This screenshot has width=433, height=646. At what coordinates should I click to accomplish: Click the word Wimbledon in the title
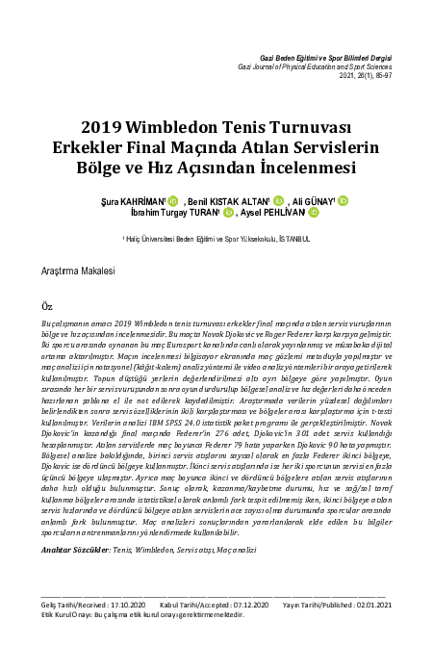point(177,127)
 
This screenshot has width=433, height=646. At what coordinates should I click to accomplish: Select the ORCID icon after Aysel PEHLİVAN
point(314,213)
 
